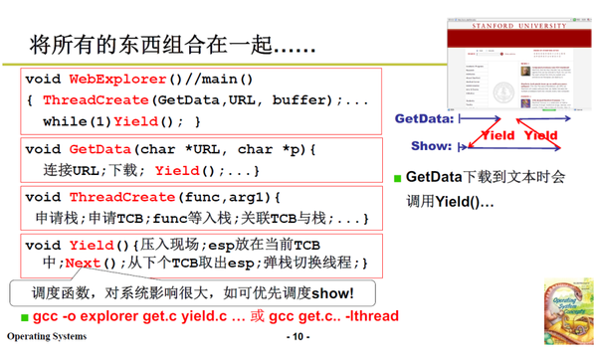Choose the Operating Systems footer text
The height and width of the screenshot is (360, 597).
tap(47, 337)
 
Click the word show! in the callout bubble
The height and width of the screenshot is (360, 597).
tap(327, 292)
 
